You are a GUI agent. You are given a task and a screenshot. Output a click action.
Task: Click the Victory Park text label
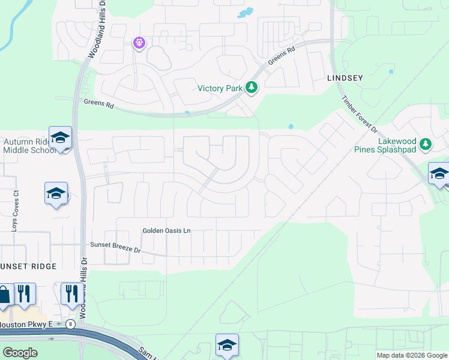[220, 89]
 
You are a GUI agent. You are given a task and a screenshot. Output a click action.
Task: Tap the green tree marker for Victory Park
[252, 88]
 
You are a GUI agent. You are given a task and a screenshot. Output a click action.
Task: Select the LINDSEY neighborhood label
[346, 79]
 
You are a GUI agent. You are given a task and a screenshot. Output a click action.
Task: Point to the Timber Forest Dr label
[359, 115]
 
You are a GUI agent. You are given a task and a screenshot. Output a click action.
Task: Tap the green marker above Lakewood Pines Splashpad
[426, 144]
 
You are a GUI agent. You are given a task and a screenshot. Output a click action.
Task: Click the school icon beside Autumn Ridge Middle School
[60, 137]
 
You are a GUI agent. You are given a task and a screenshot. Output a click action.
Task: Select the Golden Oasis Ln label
[166, 230]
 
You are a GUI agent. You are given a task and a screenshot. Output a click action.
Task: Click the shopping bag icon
[4, 295]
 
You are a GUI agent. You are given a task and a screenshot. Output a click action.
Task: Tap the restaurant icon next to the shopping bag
[24, 293]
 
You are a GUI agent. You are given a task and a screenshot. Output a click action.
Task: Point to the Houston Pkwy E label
[30, 325]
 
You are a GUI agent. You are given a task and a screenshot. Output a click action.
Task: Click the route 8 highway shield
[71, 325]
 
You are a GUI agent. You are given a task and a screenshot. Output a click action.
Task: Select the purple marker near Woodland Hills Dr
[139, 43]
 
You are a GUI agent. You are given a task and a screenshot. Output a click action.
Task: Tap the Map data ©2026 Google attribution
[412, 355]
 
